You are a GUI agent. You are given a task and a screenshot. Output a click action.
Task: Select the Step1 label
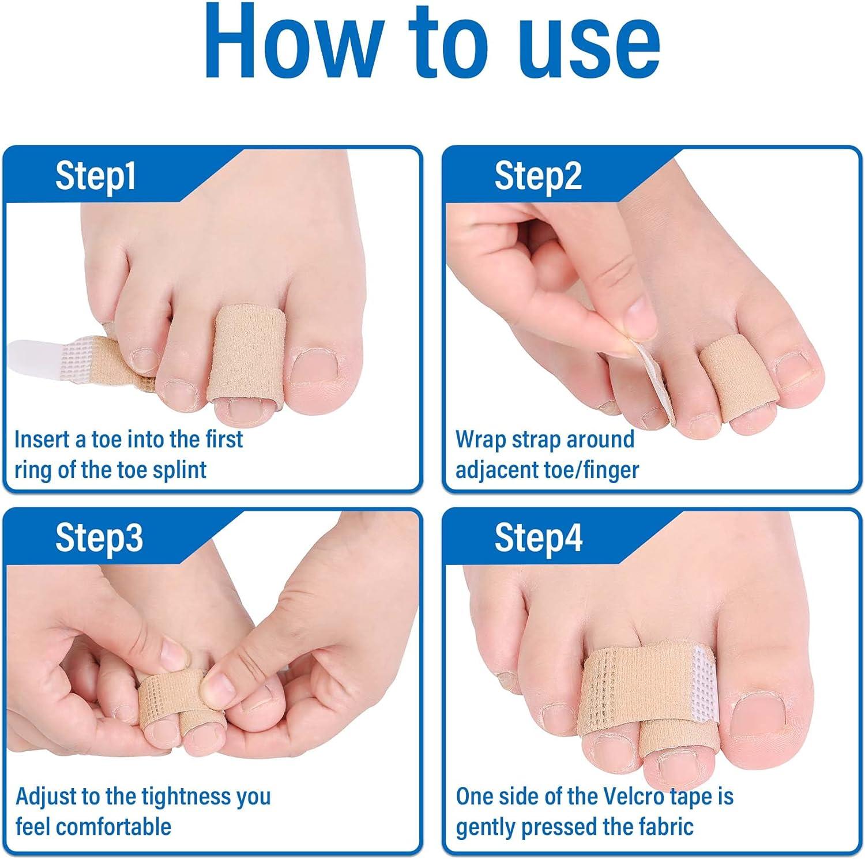[x=95, y=175]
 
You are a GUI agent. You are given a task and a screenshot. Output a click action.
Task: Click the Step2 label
[x=537, y=175]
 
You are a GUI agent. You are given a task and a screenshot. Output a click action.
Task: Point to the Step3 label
[x=99, y=537]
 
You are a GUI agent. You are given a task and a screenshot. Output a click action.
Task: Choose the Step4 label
[x=538, y=537]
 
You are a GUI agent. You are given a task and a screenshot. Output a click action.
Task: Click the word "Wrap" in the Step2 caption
[x=479, y=439]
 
